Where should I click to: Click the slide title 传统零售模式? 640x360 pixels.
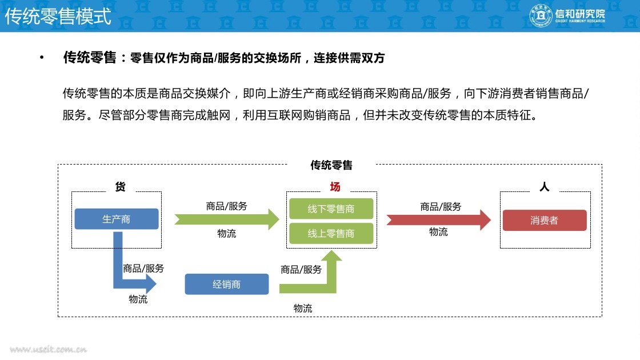coord(58,16)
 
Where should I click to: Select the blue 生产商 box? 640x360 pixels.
coord(117,219)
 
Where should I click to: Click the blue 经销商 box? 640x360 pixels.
coord(226,284)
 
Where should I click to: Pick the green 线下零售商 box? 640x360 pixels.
coord(331,209)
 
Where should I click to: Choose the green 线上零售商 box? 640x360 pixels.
coord(331,233)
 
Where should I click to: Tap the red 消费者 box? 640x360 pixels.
coord(544,221)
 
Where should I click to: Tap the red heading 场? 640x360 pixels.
coord(335,187)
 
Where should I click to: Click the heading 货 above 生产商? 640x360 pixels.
coord(120,187)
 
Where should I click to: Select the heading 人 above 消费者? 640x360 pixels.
coord(544,187)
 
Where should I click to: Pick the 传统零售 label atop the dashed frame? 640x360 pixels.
coord(331,165)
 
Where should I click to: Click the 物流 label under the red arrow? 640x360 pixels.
coord(438,232)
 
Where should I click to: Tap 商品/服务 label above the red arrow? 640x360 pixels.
coord(441,206)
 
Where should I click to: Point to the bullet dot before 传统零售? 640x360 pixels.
coord(41,58)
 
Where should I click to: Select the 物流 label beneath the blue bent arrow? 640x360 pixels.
coord(138,299)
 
